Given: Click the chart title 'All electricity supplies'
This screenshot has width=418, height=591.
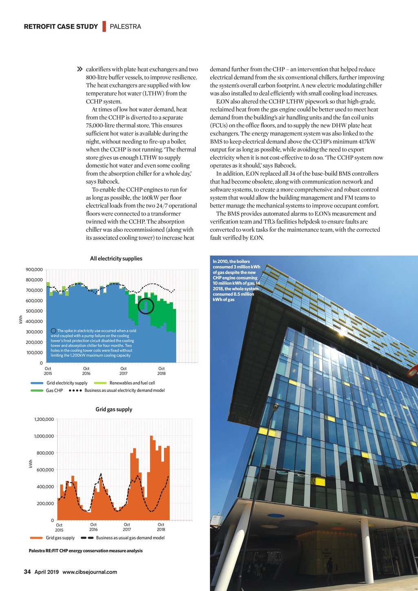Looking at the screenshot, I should click(x=116, y=258).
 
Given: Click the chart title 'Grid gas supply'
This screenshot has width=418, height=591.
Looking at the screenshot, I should click(x=114, y=409).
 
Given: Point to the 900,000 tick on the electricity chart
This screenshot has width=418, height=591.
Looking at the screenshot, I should click(x=34, y=270).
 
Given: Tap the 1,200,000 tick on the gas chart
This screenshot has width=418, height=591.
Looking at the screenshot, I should click(x=44, y=419).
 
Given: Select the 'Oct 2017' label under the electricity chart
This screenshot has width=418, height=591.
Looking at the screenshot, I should click(x=123, y=371).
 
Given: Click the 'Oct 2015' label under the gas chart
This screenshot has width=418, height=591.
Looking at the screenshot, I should click(x=59, y=527).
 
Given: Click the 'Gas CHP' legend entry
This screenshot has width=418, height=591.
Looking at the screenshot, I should click(x=54, y=391).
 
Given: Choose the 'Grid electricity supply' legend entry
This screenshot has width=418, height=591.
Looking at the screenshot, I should click(x=67, y=383).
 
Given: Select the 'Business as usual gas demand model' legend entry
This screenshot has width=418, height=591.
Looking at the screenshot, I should click(x=130, y=538).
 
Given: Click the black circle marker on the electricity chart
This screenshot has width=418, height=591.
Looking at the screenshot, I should click(x=146, y=306).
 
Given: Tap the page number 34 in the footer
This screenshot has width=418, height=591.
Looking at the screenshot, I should click(x=27, y=572).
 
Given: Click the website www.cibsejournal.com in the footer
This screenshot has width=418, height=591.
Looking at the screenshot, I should click(x=90, y=572).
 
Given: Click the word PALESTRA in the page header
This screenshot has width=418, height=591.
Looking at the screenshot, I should click(x=125, y=27).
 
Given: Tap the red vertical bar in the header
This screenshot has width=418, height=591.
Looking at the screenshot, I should click(x=104, y=26).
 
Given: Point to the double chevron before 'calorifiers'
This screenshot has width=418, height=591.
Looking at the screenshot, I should click(x=80, y=69).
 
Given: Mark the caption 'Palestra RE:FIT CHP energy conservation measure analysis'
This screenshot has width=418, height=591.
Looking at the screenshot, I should click(x=86, y=551).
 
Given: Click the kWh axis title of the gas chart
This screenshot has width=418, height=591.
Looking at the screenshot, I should click(x=31, y=464).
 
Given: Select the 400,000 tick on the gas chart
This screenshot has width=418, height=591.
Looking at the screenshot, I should click(x=46, y=487).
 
